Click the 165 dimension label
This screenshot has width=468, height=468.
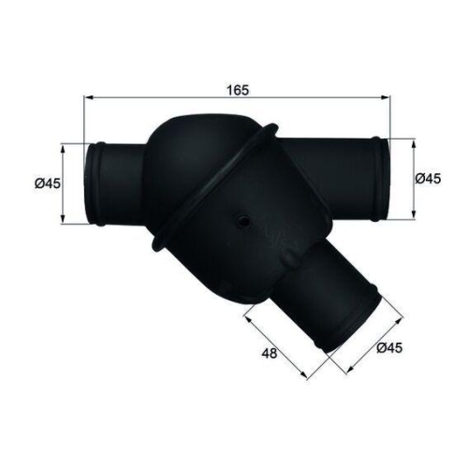click(x=238, y=90)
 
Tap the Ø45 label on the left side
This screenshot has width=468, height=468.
click(x=48, y=183)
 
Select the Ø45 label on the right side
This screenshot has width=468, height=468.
click(x=428, y=179)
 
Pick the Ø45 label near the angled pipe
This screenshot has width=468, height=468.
click(x=389, y=348)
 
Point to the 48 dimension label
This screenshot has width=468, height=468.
click(x=270, y=354)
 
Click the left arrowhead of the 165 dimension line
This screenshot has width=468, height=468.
click(x=89, y=97)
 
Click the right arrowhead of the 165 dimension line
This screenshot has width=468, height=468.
click(x=386, y=97)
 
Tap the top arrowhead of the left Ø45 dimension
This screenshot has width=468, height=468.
click(x=63, y=149)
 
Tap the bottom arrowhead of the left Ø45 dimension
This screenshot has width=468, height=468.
click(x=63, y=219)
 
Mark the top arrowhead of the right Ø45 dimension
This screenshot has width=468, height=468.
click(x=414, y=144)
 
